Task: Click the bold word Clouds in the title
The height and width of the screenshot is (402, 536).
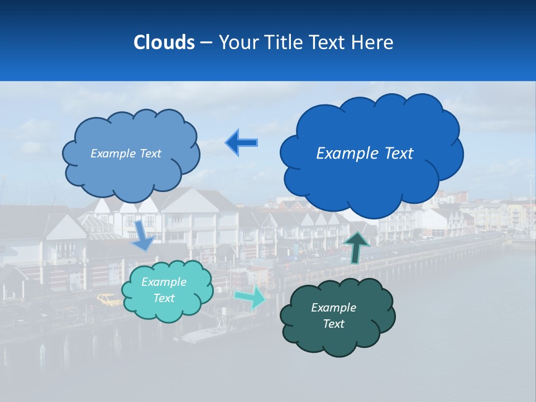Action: pyautogui.click(x=164, y=42)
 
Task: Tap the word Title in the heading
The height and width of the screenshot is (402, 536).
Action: pyautogui.click(x=284, y=42)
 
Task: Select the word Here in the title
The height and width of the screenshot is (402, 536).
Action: pyautogui.click(x=373, y=42)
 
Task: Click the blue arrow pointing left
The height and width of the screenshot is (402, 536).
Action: pyautogui.click(x=242, y=142)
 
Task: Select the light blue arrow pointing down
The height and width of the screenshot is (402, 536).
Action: pyautogui.click(x=143, y=234)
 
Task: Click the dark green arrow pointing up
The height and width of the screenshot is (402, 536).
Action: pyautogui.click(x=357, y=247)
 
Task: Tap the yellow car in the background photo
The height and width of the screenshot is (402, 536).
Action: pyautogui.click(x=109, y=300)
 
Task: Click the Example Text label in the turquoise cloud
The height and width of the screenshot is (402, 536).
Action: pyautogui.click(x=164, y=290)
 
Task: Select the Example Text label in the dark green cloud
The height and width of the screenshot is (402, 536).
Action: pyautogui.click(x=333, y=315)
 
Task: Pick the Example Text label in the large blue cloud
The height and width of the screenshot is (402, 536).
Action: pyautogui.click(x=365, y=153)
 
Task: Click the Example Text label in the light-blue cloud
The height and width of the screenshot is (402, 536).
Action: pyautogui.click(x=126, y=154)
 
